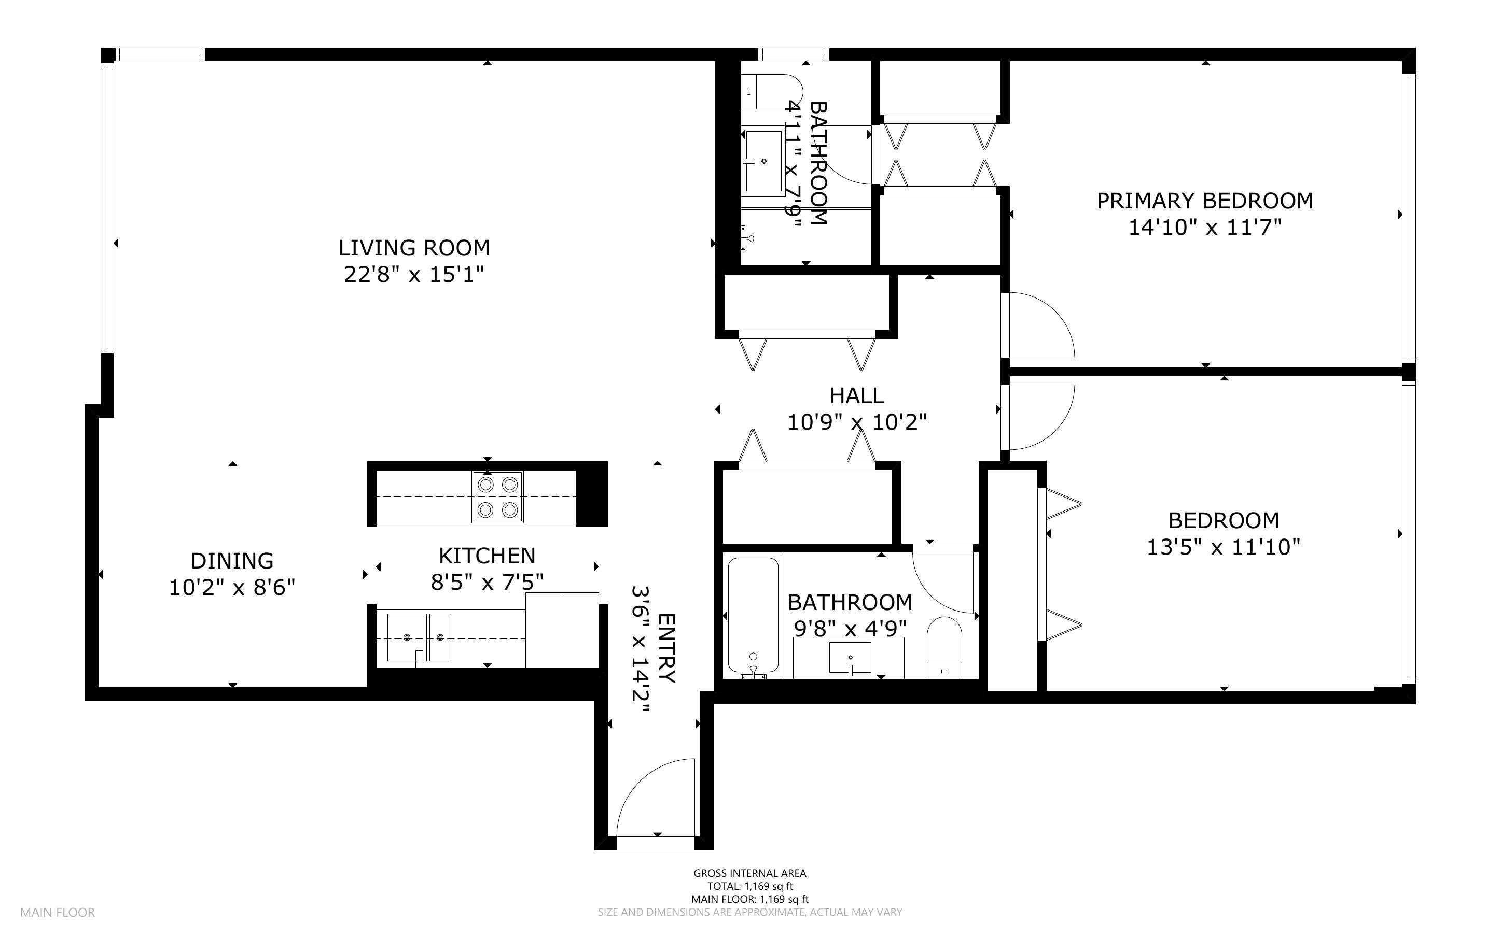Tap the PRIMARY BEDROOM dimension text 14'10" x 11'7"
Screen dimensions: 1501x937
click(1205, 228)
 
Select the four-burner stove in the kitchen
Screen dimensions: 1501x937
click(497, 496)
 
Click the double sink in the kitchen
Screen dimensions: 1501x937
click(419, 637)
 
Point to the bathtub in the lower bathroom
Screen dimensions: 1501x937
click(753, 615)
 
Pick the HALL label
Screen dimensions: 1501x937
click(857, 395)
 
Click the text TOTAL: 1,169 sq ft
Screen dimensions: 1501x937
click(750, 886)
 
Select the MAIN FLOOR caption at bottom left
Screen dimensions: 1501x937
click(58, 912)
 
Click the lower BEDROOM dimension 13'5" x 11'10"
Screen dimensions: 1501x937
click(1223, 547)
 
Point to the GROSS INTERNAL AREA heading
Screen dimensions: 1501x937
click(750, 873)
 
